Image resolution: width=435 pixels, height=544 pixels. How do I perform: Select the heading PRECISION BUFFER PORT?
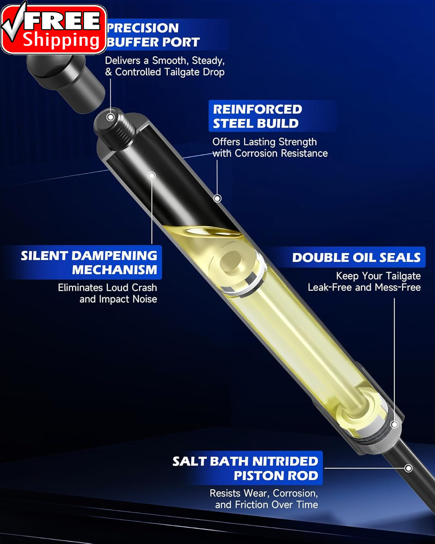click(x=153, y=35)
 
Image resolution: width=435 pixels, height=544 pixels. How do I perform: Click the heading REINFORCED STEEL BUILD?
click(x=257, y=116)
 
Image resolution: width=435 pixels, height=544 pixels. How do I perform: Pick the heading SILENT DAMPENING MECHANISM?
click(x=89, y=263)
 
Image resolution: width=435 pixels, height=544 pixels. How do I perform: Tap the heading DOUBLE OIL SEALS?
click(x=356, y=257)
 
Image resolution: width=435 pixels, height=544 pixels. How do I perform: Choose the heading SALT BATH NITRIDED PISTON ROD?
click(x=245, y=468)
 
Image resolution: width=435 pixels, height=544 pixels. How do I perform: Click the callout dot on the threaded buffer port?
click(x=111, y=117)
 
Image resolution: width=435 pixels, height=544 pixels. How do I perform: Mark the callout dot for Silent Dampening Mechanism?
click(x=152, y=176)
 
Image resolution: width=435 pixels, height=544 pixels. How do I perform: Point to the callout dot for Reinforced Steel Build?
click(x=217, y=198)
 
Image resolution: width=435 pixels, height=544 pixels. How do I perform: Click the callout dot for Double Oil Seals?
click(x=394, y=424)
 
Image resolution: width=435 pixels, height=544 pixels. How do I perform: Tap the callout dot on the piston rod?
click(x=409, y=468)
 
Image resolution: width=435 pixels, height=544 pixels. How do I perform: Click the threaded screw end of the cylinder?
click(x=115, y=128)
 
